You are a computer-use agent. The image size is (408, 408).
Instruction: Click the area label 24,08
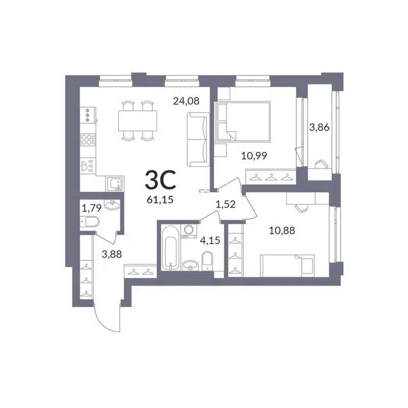186,101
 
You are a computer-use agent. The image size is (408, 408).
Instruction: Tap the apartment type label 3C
161,180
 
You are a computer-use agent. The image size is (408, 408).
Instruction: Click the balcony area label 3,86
319,127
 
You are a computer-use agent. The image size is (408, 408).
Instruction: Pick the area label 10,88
282,230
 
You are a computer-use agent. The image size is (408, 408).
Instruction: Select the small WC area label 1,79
92,208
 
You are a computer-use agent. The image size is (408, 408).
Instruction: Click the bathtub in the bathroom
170,250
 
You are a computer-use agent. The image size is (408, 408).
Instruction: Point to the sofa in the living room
197,139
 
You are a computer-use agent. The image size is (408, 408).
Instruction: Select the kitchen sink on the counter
114,182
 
